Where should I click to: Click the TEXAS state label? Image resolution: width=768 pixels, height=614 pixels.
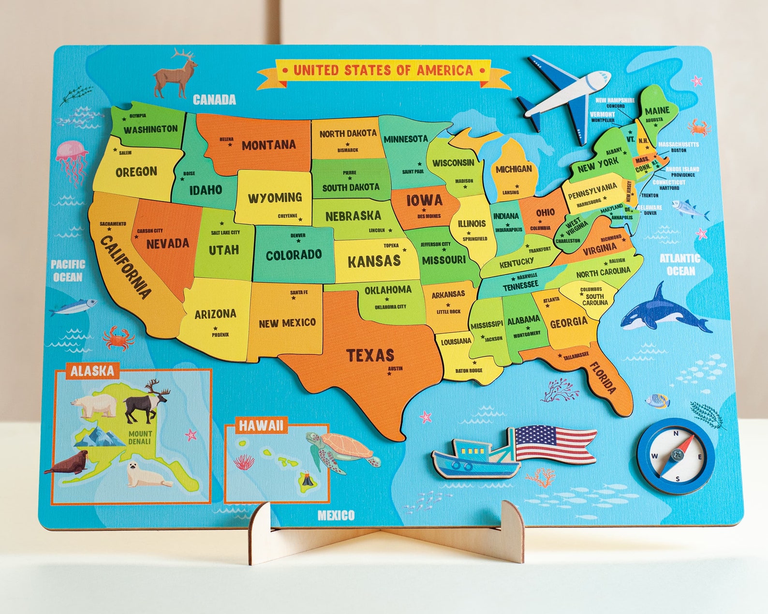point(370,355)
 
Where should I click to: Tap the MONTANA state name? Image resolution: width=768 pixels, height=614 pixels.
point(268,145)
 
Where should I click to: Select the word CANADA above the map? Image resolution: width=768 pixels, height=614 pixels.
point(214,100)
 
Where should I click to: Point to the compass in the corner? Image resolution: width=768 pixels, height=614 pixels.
point(676,456)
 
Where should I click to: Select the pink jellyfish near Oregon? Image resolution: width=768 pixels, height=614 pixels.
point(72,160)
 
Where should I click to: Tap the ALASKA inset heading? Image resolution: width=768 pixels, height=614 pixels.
point(92,371)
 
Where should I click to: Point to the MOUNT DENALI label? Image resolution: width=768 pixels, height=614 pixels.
point(140,438)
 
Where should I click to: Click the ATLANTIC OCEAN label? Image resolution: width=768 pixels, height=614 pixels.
point(680,264)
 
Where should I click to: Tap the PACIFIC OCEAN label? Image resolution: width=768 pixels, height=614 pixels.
point(68,271)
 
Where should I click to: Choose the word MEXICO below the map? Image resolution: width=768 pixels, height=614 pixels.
point(336,515)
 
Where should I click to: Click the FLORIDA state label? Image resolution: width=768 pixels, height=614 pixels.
point(603,378)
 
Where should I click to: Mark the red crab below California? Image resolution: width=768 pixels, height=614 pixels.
point(118,337)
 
